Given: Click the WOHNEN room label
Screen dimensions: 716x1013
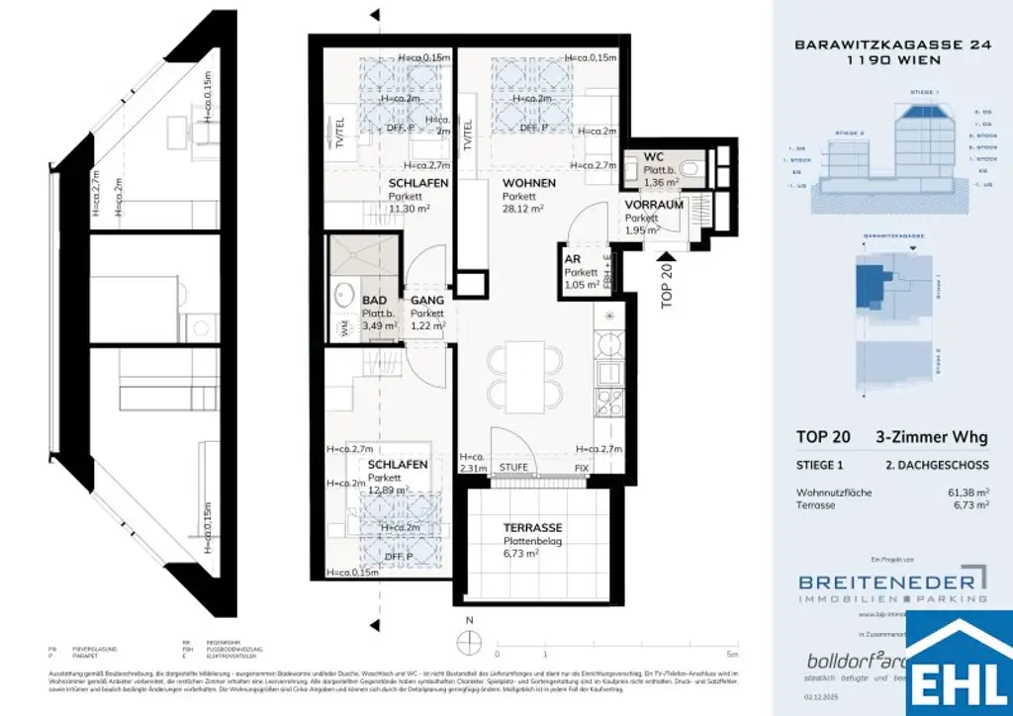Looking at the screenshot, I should [528, 183].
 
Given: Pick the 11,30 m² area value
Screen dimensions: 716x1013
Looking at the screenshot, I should [411, 209].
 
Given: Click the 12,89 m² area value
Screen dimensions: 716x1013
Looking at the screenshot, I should [390, 490].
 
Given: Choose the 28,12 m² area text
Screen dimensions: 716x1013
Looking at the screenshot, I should [523, 209].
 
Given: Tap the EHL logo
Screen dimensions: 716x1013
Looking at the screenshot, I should [959, 667].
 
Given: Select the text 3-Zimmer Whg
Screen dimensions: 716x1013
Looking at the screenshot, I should [932, 437].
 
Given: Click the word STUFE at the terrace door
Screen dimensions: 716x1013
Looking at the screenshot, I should [513, 467].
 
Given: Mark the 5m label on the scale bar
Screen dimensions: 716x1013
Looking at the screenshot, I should [730, 655].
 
